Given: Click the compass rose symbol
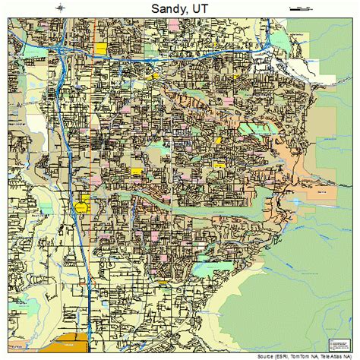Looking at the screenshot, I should click(x=60, y=8).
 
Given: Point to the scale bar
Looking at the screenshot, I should click(x=301, y=8).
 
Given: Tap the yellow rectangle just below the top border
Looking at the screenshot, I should click(x=101, y=46).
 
